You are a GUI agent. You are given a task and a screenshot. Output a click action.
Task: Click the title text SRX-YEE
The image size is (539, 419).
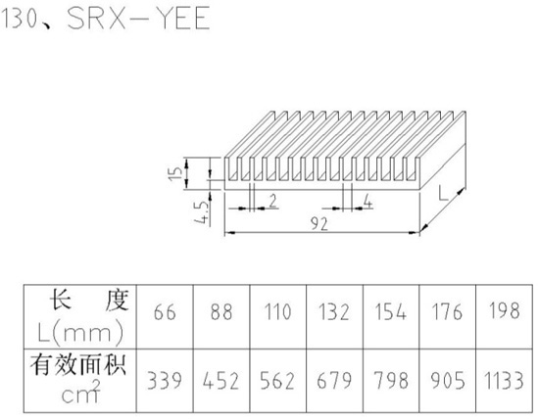point(138,18)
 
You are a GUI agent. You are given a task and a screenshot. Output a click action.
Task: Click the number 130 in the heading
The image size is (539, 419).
point(20,18)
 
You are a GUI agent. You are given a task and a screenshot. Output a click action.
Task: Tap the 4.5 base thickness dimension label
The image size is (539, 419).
point(202,212)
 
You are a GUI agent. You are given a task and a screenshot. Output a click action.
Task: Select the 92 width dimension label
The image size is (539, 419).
point(319,224)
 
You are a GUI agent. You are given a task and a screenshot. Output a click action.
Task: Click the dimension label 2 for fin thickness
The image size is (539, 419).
point(273,201)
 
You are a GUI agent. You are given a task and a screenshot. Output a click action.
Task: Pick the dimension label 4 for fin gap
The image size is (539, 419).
point(367,202)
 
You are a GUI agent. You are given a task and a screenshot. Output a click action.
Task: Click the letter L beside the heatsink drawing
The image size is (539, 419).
point(443,193)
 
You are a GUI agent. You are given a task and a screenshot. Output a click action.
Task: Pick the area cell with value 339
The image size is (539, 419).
point(165,381)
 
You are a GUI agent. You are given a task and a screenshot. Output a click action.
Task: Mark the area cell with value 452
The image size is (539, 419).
point(220,381)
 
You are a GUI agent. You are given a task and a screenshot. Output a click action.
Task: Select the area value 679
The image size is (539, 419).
point(334,381)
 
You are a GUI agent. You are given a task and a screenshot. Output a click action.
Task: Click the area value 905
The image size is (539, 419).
point(448,381)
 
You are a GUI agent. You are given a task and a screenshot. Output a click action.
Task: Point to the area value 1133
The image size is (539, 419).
point(504,381)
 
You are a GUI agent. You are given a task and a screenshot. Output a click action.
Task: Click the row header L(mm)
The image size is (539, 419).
point(80,333)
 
